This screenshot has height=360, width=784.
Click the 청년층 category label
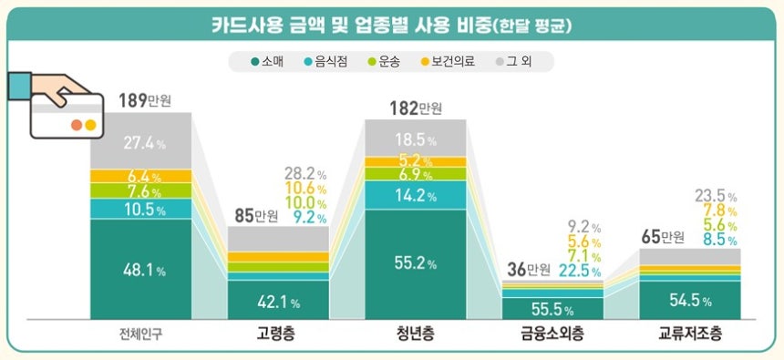click(415, 334)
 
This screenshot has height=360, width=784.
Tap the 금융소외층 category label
click(552, 334)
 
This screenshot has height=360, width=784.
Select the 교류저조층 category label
click(690, 334)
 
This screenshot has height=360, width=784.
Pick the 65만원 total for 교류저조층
click(661, 238)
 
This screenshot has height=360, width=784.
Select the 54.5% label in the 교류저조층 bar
click(689, 302)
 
